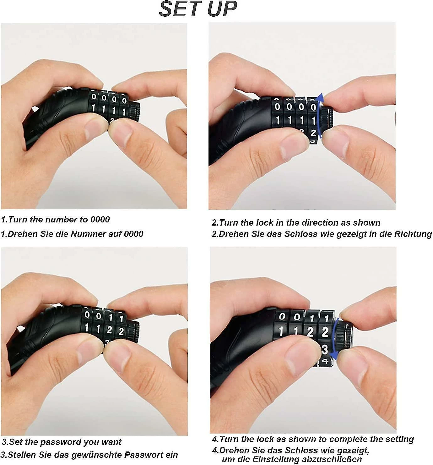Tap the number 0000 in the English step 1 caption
point(100,219)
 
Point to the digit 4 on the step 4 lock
point(325,361)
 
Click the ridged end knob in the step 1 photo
point(135,112)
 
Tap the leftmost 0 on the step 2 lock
point(277,107)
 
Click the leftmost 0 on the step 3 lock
point(87,315)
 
